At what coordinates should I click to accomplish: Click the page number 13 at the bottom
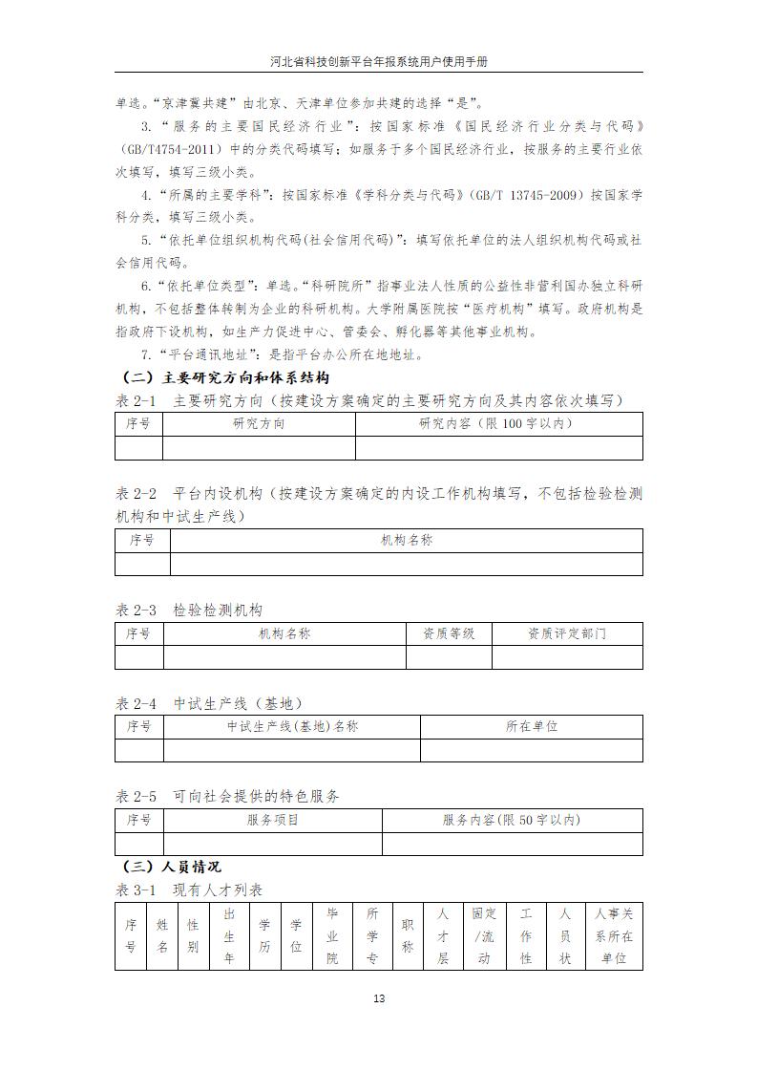[379, 999]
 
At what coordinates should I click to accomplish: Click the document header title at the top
[379, 60]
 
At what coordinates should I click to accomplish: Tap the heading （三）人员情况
[173, 867]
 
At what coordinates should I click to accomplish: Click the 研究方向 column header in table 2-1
[259, 423]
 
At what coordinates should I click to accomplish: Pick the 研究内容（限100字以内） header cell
[497, 423]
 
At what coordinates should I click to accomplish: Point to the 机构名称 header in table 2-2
[407, 541]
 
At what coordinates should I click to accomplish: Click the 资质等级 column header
[449, 633]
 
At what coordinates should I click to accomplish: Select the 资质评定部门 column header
[567, 633]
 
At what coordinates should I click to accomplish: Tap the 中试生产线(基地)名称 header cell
[292, 726]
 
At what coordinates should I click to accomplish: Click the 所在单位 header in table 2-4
[532, 726]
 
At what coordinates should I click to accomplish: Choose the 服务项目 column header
[273, 820]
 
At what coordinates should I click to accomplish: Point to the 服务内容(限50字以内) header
[512, 820]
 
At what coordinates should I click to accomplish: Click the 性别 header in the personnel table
[193, 936]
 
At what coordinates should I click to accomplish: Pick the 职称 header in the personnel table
[408, 936]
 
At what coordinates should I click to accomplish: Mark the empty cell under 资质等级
[449, 657]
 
